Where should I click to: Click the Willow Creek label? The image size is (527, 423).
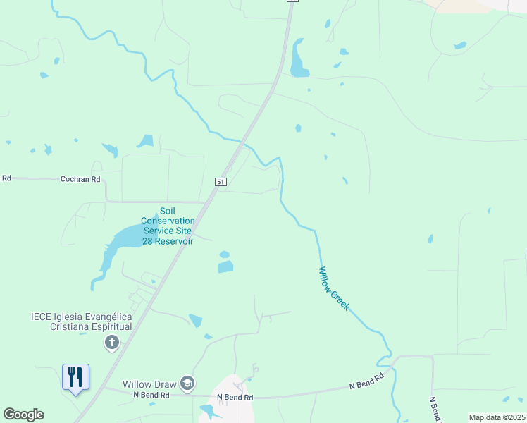(333, 290)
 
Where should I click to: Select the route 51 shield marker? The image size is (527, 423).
(221, 182)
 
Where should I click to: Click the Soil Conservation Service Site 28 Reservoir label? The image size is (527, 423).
(167, 226)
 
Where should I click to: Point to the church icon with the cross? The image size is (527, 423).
(111, 343)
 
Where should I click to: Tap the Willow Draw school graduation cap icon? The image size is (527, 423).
(187, 384)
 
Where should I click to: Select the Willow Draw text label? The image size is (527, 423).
(151, 384)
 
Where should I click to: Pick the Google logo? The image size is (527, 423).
(23, 415)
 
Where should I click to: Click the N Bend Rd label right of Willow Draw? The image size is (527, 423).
(234, 398)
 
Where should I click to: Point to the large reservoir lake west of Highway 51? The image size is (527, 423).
(127, 240)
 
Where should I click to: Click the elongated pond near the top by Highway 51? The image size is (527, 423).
(299, 61)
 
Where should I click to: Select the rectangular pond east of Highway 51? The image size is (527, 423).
(225, 266)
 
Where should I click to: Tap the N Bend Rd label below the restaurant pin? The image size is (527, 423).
(151, 396)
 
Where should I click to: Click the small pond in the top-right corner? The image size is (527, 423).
(460, 46)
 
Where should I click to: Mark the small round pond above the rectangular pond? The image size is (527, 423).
(224, 255)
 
